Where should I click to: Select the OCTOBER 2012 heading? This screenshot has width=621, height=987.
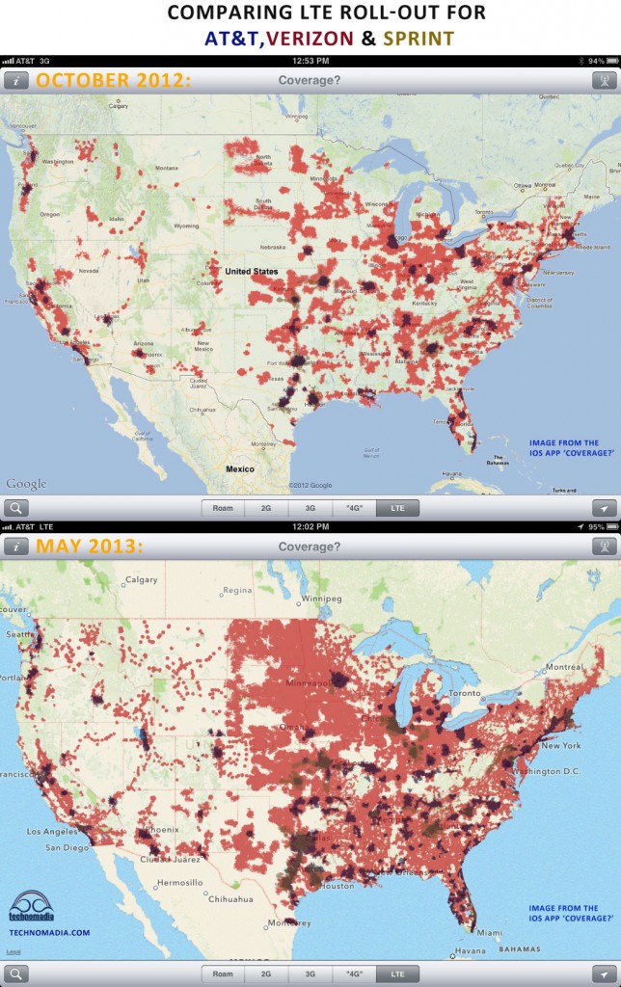113,81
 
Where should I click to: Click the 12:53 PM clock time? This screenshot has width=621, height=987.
310,61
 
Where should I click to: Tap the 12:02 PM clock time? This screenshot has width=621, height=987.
310,526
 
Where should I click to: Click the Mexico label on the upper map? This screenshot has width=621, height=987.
239,468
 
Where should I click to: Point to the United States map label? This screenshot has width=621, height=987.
252,272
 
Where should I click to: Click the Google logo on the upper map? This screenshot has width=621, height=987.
26,484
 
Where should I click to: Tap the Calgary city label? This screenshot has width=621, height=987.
142,580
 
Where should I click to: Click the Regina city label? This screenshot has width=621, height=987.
237,590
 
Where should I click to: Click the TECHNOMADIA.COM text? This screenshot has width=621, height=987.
49,932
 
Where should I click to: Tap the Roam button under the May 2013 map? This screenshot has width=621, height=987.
223,974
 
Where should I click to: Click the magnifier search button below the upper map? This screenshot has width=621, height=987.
16,508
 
